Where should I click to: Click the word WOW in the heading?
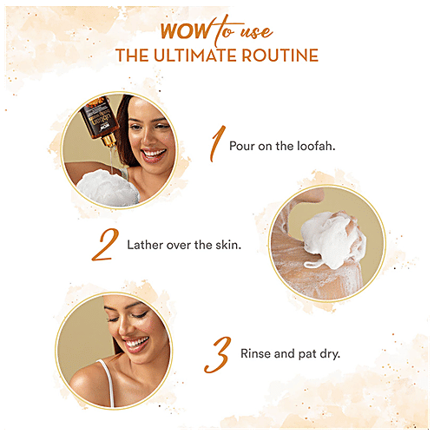point(179,36)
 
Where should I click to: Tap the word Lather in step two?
point(142,246)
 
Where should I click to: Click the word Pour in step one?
point(242,145)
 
